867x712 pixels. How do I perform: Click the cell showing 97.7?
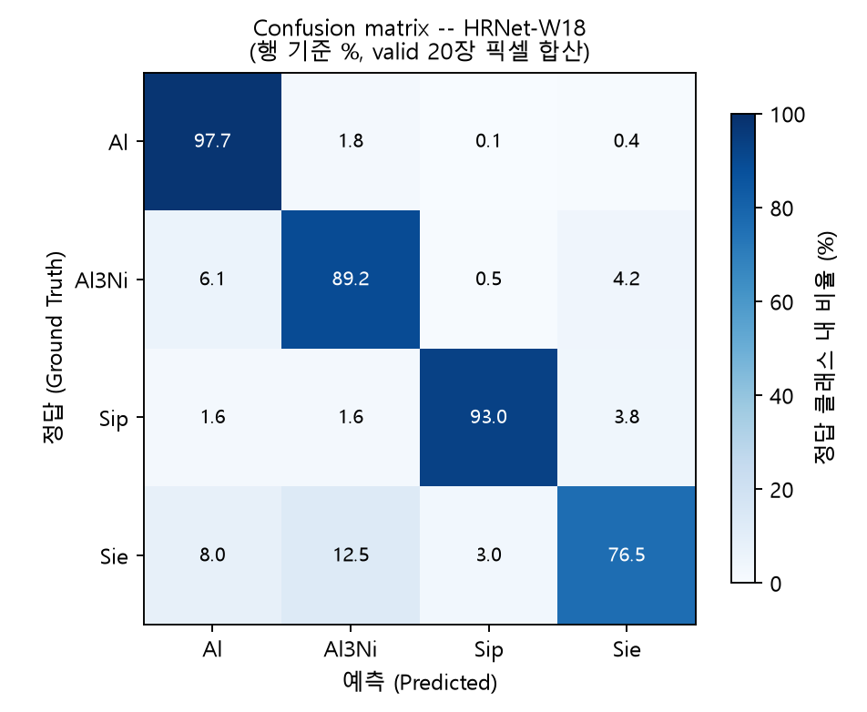212,141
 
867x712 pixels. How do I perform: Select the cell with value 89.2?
351,280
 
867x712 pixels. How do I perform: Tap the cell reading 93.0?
488,417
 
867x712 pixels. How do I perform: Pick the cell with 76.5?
627,555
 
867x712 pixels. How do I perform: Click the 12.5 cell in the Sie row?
351,555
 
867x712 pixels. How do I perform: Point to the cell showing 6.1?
212,280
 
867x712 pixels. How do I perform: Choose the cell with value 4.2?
627,280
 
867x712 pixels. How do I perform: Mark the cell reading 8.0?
212,555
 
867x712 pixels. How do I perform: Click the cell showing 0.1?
488,141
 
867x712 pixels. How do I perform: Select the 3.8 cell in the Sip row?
627,417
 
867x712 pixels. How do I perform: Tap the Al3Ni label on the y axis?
101,280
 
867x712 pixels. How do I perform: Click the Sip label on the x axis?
488,650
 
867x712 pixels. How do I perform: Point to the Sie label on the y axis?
114,556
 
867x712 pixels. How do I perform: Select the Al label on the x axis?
212,649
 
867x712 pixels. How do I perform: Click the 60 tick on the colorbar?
781,303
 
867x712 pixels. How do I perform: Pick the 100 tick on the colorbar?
788,115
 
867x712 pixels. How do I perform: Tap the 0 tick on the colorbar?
776,584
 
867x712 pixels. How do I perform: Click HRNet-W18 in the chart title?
525,28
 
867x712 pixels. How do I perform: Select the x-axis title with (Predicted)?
420,682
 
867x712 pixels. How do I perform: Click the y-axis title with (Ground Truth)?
54,347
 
